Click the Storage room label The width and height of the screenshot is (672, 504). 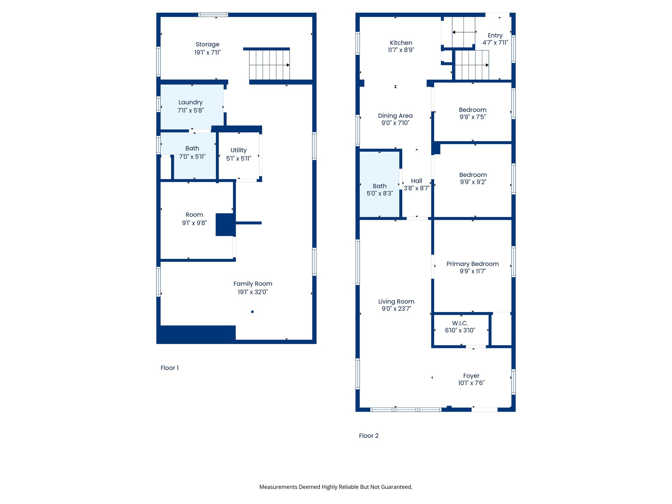207,44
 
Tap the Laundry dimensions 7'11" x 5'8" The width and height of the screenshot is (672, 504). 190,111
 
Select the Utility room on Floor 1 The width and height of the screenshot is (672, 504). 239,154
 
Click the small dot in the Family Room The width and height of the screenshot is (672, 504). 252,312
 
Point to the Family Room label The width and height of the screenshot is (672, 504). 253,284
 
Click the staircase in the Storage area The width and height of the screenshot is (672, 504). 269,65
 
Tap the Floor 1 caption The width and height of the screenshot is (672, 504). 169,368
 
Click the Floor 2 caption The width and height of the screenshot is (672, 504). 368,436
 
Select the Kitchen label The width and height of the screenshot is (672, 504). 401,43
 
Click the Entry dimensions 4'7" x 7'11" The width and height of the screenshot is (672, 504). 495,43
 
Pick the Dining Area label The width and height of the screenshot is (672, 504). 395,115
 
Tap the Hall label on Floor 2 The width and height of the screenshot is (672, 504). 416,181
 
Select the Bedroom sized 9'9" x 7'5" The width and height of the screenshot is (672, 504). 472,113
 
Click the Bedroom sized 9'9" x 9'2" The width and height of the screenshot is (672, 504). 473,178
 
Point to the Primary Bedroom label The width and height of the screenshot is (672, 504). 472,264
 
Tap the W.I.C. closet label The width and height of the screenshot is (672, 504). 460,323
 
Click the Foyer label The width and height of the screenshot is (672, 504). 471,376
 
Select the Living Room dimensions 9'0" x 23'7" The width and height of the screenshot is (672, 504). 396,309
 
